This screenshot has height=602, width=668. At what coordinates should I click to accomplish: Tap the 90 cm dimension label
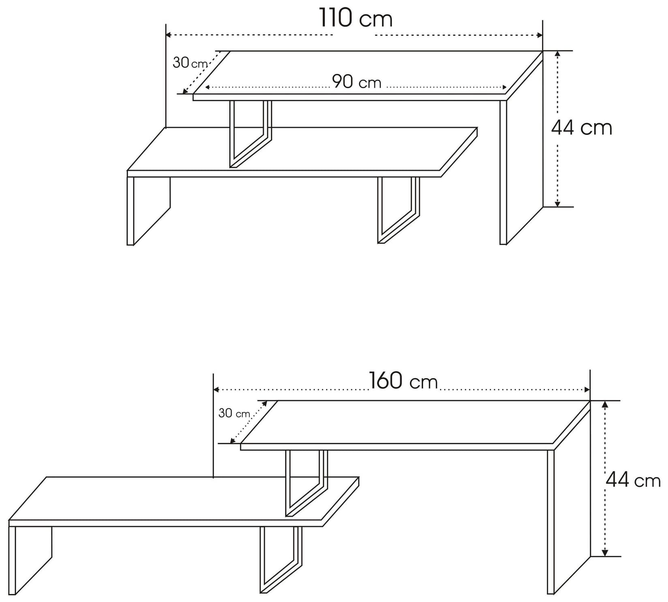pyautogui.click(x=357, y=82)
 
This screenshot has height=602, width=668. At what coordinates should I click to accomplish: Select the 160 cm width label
pyautogui.click(x=403, y=381)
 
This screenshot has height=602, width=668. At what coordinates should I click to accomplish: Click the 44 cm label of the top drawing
pyautogui.click(x=581, y=128)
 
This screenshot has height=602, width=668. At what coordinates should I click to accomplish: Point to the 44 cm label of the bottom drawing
pyautogui.click(x=633, y=480)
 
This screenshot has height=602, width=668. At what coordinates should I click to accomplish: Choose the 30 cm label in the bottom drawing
pyautogui.click(x=234, y=413)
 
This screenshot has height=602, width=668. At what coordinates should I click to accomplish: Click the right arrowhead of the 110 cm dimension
pyautogui.click(x=540, y=35)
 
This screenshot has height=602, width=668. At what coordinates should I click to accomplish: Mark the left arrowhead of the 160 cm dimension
pyautogui.click(x=216, y=390)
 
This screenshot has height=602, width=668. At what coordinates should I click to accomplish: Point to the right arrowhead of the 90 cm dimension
pyautogui.click(x=505, y=88)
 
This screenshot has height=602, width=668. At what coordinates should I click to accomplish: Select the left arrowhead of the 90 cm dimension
pyautogui.click(x=207, y=88)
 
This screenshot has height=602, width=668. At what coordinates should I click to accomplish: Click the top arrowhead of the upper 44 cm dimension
pyautogui.click(x=558, y=54)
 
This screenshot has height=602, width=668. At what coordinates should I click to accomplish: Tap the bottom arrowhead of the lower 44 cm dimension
pyautogui.click(x=605, y=553)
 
